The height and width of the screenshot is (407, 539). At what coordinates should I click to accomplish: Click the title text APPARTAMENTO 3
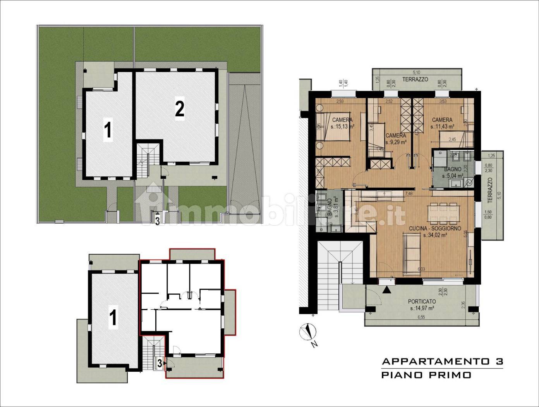(442, 361)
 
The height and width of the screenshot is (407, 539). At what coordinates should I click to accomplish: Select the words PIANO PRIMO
(426, 375)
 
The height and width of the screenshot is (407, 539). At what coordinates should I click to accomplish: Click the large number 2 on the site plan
(179, 110)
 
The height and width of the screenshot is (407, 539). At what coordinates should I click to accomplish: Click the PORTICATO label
(422, 301)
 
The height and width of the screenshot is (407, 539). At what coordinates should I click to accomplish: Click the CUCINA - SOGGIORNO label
(435, 229)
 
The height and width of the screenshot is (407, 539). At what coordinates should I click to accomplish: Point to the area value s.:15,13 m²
(343, 126)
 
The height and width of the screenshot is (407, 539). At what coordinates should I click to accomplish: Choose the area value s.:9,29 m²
(395, 142)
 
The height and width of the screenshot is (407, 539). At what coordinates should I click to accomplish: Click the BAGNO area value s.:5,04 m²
(452, 175)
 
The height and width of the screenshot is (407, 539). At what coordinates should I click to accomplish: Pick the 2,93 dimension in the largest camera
(340, 102)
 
